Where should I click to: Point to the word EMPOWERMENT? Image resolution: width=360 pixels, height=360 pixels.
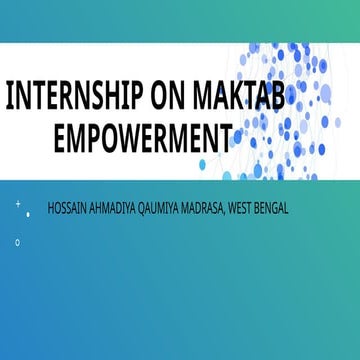pos(143,134)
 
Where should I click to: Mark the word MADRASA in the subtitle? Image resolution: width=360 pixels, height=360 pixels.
pos(210,208)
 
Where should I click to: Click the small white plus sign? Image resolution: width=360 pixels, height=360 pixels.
pos(18,204)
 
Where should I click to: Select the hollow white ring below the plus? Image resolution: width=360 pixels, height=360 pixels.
pos(18,242)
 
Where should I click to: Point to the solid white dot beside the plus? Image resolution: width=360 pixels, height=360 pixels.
pos(28,213)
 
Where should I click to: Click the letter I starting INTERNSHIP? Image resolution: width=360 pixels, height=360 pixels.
pos(10,97)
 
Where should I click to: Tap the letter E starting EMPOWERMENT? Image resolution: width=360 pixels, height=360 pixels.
pos(60,134)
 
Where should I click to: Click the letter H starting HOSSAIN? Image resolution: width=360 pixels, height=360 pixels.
pos(51,208)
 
